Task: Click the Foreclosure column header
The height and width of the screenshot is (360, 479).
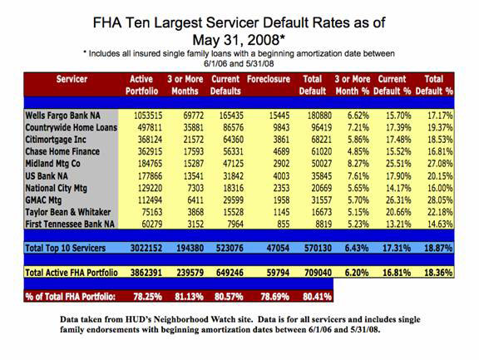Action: [269, 79]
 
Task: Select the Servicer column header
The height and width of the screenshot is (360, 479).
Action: [72, 79]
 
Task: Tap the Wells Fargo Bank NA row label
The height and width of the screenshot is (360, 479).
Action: [62, 116]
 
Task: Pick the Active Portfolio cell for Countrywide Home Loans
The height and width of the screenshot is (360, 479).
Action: [150, 128]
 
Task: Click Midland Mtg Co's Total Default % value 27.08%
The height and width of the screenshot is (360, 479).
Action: [440, 164]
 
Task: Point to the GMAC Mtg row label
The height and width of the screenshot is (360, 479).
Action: [43, 200]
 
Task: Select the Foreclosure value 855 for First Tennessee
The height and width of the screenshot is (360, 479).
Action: [283, 224]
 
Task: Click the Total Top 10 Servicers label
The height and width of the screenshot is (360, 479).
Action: [66, 248]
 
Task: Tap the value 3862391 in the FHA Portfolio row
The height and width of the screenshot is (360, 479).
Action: [146, 273]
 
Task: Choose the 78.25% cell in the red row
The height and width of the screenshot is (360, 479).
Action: [147, 297]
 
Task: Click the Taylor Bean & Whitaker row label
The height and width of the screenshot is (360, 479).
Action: [68, 212]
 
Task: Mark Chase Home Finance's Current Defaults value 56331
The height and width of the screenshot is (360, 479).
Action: [233, 152]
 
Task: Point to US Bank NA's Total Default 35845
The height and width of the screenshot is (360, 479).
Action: [321, 176]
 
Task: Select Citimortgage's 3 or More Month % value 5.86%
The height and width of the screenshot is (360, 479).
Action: [358, 140]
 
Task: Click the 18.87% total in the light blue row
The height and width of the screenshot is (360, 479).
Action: [438, 248]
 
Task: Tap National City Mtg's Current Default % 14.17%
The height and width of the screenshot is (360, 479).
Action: [398, 188]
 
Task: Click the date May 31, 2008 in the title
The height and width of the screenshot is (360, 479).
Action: [236, 40]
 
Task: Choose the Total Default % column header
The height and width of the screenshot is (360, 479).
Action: [434, 85]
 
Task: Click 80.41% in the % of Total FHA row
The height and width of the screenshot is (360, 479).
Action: [317, 297]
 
